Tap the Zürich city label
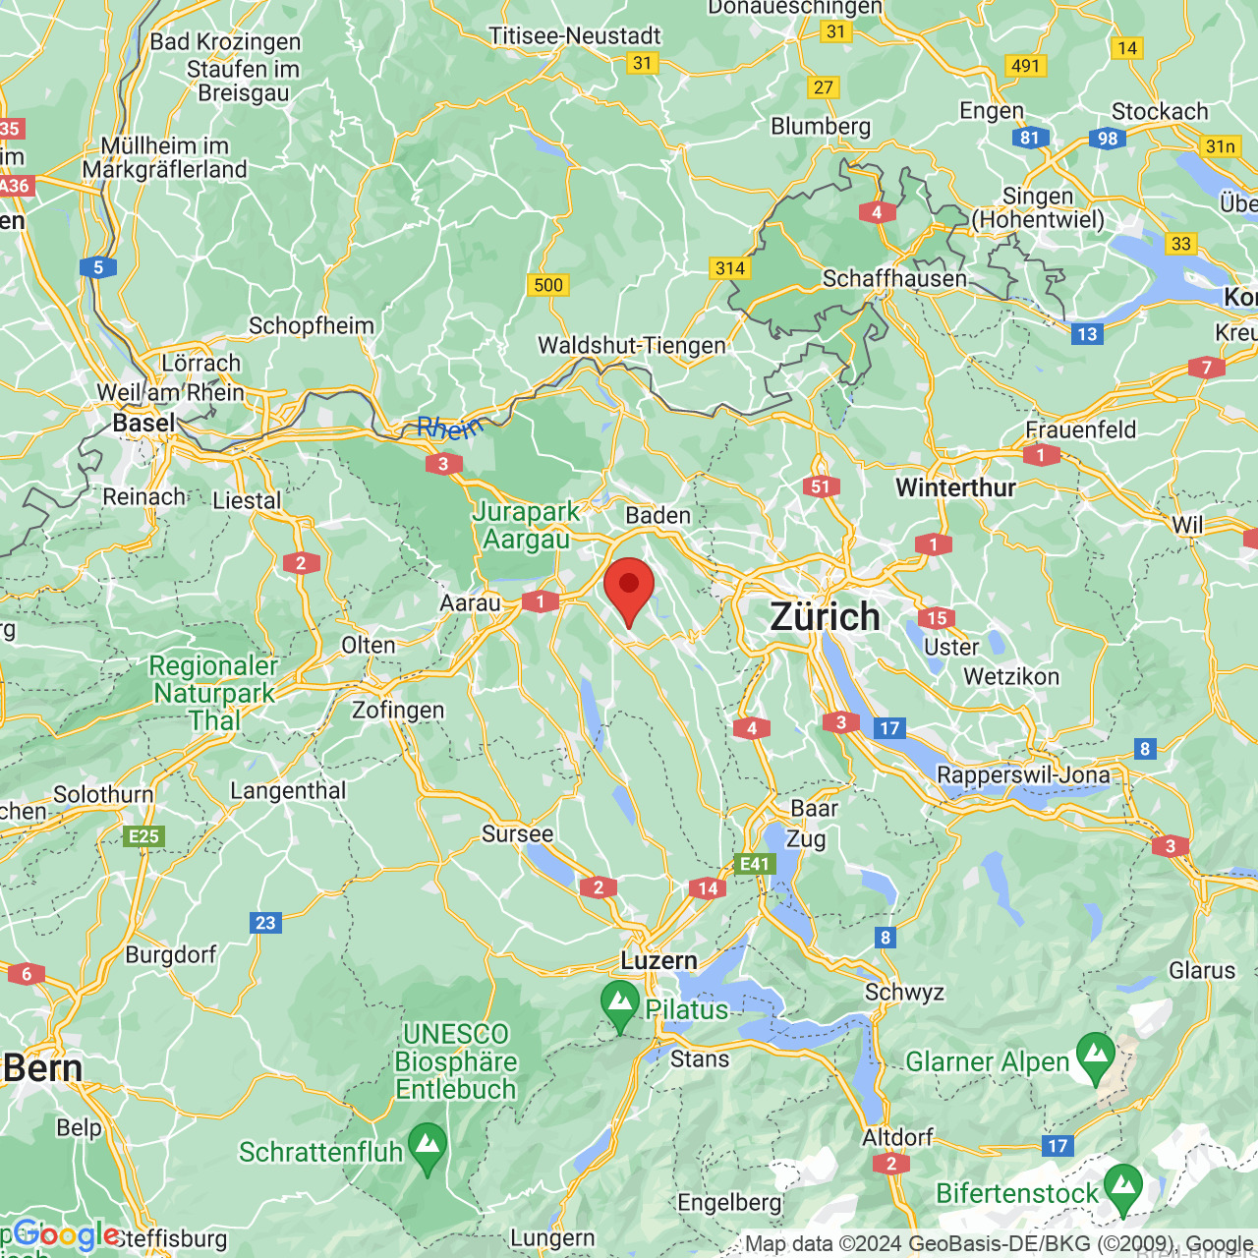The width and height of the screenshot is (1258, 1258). click(825, 617)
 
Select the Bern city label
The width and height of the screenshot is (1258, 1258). click(43, 1068)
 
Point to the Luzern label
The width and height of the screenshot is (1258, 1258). click(658, 960)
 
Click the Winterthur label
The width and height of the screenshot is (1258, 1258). click(955, 487)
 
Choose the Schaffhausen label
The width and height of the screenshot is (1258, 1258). click(894, 279)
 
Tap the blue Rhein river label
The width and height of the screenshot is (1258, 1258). click(449, 428)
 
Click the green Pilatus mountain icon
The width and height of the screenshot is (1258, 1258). click(620, 1003)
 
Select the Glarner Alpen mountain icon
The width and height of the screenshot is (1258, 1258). click(1096, 1056)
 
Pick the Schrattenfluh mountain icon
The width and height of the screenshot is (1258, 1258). click(428, 1146)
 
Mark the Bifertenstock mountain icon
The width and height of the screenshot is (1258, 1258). click(1122, 1187)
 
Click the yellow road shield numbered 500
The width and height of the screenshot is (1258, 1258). click(548, 285)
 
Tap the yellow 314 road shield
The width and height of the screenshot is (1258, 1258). click(730, 268)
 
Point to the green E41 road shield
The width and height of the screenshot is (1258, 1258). click(755, 864)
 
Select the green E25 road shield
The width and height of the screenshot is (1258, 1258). click(143, 836)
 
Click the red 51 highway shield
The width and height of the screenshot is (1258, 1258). click(821, 486)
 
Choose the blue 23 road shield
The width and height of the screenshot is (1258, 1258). click(266, 923)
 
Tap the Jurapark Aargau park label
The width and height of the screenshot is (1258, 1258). click(526, 526)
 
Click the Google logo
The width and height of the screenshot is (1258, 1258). click(67, 1234)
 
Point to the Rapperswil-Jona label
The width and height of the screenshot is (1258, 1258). click(1023, 774)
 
